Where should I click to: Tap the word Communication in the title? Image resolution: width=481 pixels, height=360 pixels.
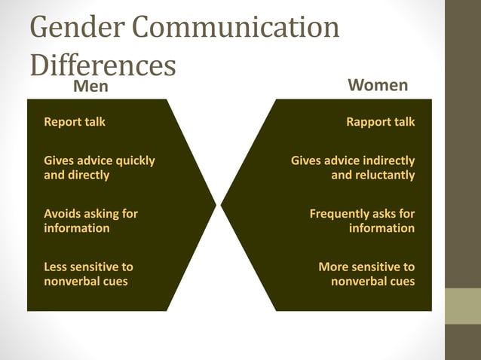pos(237,29)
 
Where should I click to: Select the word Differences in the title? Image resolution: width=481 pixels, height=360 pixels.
pos(103,66)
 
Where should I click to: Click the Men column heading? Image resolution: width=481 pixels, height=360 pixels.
pos(90,86)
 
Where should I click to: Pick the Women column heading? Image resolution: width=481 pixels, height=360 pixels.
pos(379,84)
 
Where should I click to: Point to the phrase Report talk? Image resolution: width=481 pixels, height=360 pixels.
pos(75,121)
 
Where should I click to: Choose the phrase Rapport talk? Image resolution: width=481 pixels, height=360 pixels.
pos(380,121)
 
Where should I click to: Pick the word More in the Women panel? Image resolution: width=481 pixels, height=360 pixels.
pos(333,267)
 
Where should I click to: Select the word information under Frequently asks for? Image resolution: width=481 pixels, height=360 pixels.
pos(381,227)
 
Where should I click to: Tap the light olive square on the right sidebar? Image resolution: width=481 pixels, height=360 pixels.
pos(463,306)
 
